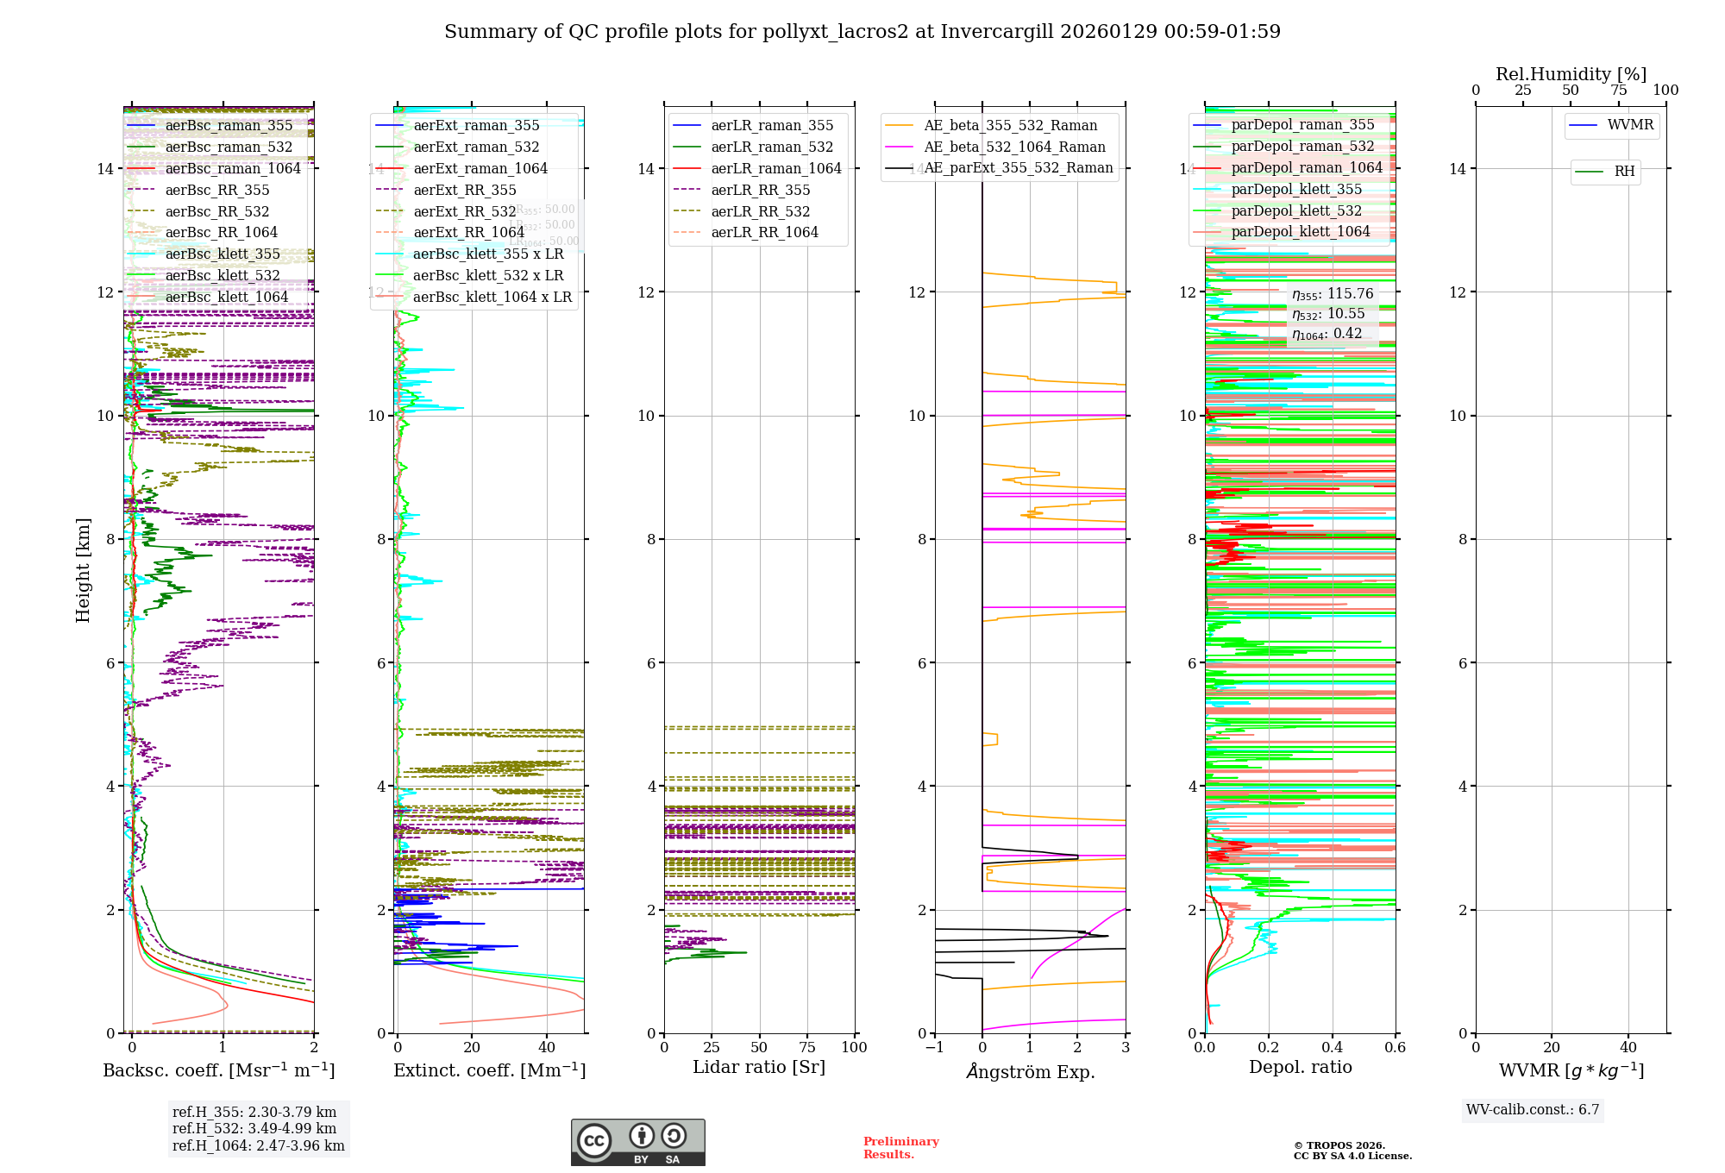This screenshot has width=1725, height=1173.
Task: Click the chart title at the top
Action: pos(862,32)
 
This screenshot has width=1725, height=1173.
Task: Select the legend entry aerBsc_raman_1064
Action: pos(233,168)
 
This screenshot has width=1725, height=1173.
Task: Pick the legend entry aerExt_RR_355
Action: pos(465,190)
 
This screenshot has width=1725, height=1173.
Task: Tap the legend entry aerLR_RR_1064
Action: pos(764,232)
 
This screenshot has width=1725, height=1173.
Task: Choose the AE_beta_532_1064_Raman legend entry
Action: pos(1014,147)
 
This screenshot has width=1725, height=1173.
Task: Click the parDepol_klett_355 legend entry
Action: pos(1296,189)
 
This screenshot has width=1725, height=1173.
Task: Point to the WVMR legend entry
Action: pos(1630,125)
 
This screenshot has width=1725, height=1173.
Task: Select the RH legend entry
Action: pos(1624,172)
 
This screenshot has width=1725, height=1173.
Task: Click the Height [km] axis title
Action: pos(83,569)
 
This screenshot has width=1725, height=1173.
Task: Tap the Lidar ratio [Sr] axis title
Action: pos(759,1067)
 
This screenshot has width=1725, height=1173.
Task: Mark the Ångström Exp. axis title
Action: pos(1031,1071)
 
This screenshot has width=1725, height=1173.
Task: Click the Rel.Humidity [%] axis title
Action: pos(1571,74)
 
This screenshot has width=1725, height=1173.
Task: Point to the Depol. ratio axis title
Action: pos(1301,1067)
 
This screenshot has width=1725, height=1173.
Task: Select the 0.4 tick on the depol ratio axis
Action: pos(1332,1047)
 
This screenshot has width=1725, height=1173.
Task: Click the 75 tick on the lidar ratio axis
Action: pos(807,1047)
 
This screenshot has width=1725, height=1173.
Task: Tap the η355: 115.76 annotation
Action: pos(1333,294)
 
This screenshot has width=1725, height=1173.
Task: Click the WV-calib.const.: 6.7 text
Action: pos(1533,1110)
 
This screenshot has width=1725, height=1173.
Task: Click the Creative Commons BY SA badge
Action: pos(637,1143)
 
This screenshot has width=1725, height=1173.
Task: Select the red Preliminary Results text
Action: pos(900,1148)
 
